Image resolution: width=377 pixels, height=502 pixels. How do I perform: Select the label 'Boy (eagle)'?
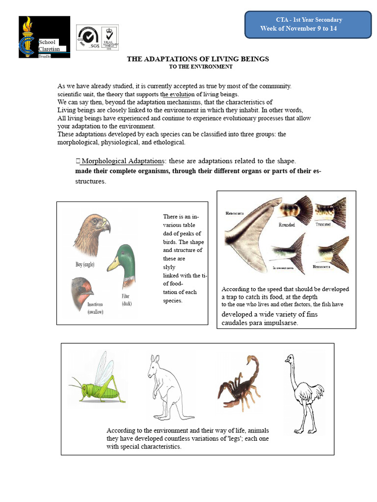(x=84, y=264)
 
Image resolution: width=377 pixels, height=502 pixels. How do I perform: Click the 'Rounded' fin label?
(x=287, y=225)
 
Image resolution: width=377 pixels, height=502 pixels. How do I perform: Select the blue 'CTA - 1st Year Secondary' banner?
(x=308, y=24)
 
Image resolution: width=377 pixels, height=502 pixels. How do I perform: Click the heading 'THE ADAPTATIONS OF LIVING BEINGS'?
(x=198, y=59)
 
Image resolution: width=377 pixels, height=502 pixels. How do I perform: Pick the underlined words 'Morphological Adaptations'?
(x=122, y=161)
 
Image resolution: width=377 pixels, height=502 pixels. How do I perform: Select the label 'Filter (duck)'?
(x=127, y=300)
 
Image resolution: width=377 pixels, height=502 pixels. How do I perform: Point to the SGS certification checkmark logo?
(x=87, y=37)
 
